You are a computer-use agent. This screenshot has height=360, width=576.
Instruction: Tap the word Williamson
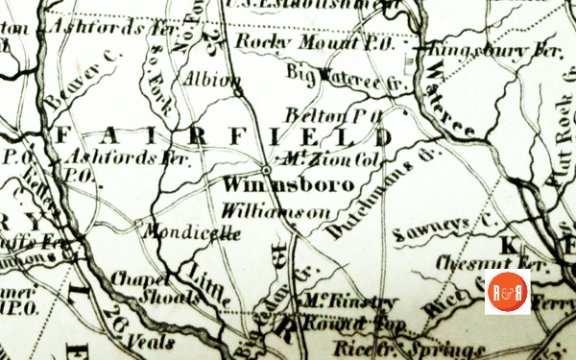tap(261, 208)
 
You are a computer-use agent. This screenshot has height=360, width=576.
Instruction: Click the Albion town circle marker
tap(237, 91)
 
